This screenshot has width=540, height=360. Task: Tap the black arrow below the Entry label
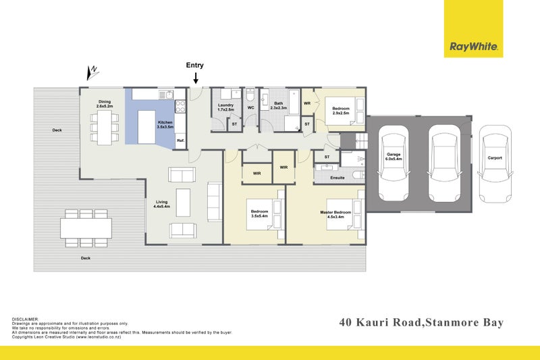[195, 78]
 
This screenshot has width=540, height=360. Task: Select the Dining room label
[104, 104]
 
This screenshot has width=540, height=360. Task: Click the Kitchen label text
[165, 124]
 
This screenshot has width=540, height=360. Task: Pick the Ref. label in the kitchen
[181, 140]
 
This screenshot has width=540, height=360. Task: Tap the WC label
[250, 107]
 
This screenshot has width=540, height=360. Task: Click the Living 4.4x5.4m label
[161, 203]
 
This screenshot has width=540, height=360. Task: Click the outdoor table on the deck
[86, 228]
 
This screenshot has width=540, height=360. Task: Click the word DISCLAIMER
[26, 318]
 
